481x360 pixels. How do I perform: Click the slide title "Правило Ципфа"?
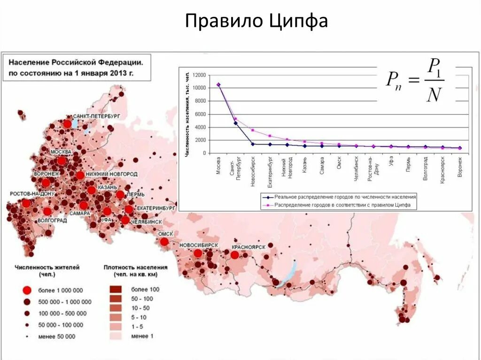coord(256,21)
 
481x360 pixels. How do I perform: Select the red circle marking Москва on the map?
coord(62,161)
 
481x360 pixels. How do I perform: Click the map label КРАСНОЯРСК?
coord(249,247)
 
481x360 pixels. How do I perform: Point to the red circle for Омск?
coord(164,242)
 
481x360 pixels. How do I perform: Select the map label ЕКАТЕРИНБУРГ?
coord(156,207)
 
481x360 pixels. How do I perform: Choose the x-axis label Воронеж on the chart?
coord(460,167)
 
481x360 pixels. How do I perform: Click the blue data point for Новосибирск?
coord(253,144)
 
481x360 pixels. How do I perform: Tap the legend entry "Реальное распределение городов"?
coord(338,197)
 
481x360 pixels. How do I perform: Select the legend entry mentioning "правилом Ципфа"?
coord(338,205)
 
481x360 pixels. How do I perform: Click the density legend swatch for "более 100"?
coord(116,289)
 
